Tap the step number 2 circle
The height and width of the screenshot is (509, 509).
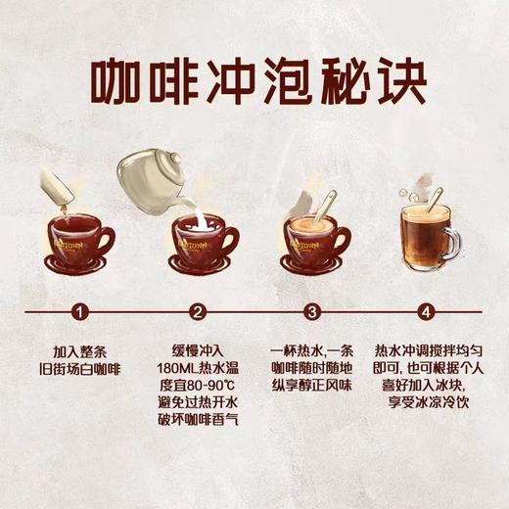(199, 313)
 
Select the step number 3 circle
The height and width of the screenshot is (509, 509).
(312, 313)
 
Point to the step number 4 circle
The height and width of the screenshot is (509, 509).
(426, 313)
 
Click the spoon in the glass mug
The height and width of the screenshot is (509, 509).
(439, 202)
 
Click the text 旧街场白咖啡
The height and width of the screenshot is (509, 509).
(83, 367)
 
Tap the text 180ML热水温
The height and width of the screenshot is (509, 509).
(199, 367)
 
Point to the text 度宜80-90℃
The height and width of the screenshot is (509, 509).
(199, 385)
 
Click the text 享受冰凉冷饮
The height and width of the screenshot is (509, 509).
(426, 402)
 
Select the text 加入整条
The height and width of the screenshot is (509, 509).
(83, 349)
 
